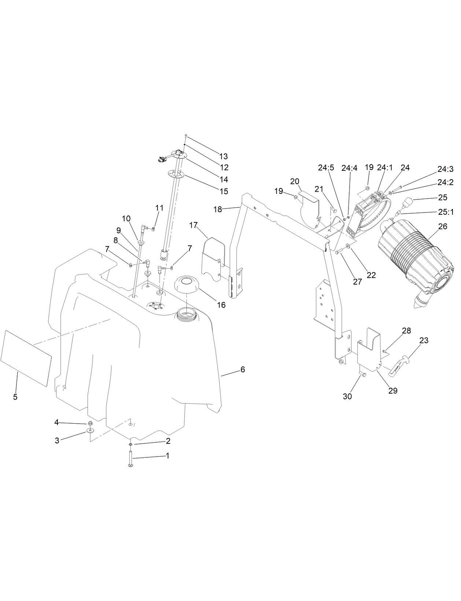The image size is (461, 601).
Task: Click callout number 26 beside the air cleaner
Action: coord(443,226)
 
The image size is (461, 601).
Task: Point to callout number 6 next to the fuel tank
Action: coord(243,370)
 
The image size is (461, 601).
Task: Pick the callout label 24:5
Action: coord(326,168)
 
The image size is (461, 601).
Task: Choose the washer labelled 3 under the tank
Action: coord(89,430)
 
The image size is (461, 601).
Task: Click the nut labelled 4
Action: coord(91,423)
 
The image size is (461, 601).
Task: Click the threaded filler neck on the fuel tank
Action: coord(187,314)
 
